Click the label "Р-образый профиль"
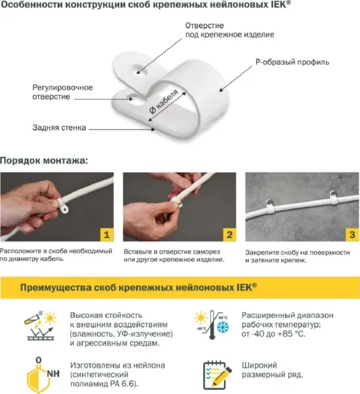292,62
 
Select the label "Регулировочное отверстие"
63,92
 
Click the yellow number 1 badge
106,234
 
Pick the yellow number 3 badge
351,234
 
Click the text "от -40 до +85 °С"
273,333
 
